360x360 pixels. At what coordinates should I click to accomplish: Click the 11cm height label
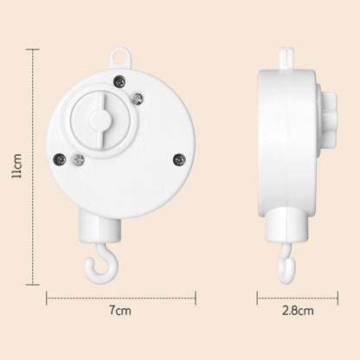pos(16,166)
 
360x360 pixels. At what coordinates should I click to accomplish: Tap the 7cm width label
pos(120,311)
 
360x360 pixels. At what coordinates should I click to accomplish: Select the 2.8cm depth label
pos(298,311)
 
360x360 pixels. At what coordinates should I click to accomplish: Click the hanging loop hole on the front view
pos(120,59)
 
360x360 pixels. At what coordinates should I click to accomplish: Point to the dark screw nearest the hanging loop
pos(119,81)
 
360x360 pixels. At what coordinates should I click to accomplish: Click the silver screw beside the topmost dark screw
pos(138,99)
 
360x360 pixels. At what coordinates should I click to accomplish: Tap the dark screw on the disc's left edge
pos(60,159)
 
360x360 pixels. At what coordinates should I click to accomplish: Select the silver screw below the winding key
pos(79,159)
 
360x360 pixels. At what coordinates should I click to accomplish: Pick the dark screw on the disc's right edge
pos(179,159)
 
